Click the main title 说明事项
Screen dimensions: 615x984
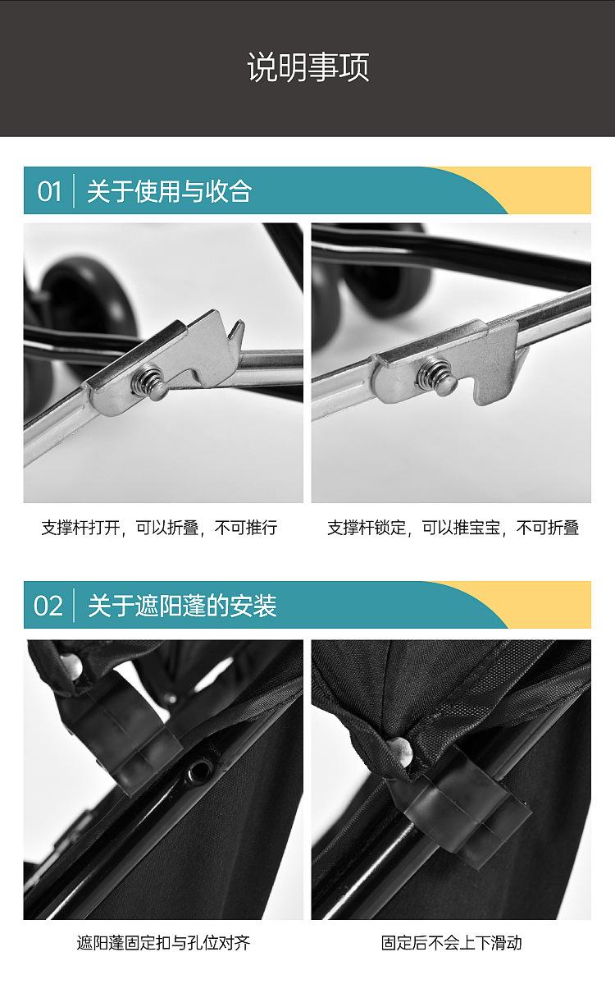coord(307,67)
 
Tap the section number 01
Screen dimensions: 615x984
coord(49,191)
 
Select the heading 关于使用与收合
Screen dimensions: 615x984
coord(169,191)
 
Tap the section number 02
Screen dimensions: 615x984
coord(48,606)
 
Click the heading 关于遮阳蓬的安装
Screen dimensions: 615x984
coord(182,606)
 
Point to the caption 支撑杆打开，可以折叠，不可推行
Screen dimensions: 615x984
coord(159,528)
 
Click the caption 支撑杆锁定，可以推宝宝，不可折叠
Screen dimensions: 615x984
coord(453,528)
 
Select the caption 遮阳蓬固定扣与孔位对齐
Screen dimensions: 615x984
coord(163,943)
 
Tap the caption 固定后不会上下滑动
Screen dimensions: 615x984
coord(451,943)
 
